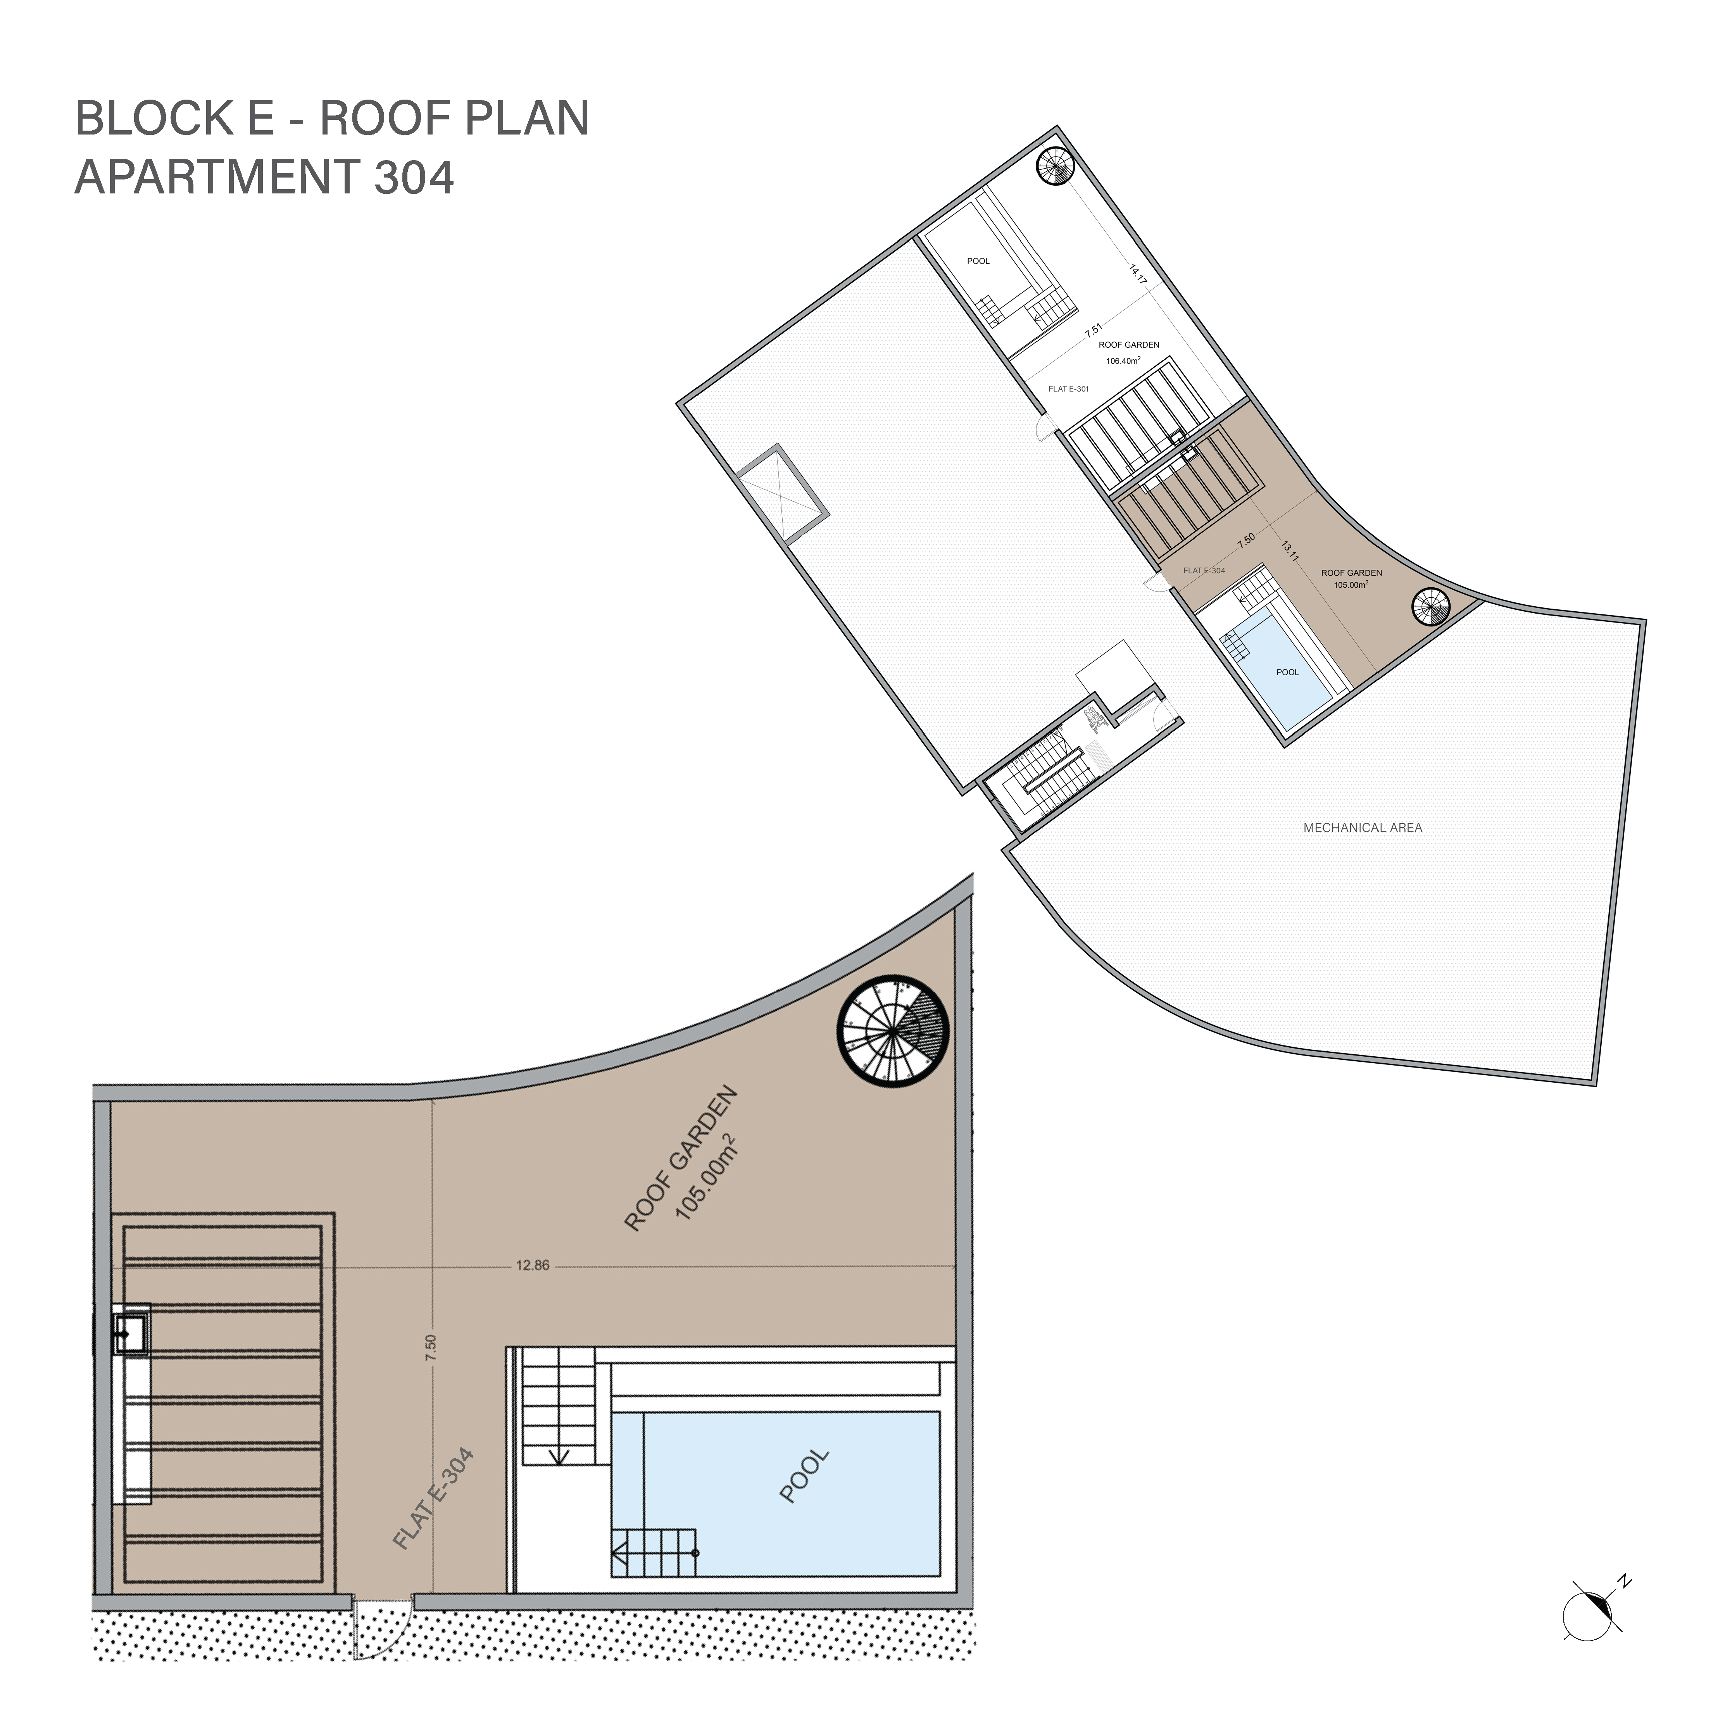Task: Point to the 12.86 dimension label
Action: coord(532,1265)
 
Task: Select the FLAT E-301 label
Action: coord(1068,388)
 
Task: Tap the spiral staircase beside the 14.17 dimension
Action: coord(1057,166)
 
